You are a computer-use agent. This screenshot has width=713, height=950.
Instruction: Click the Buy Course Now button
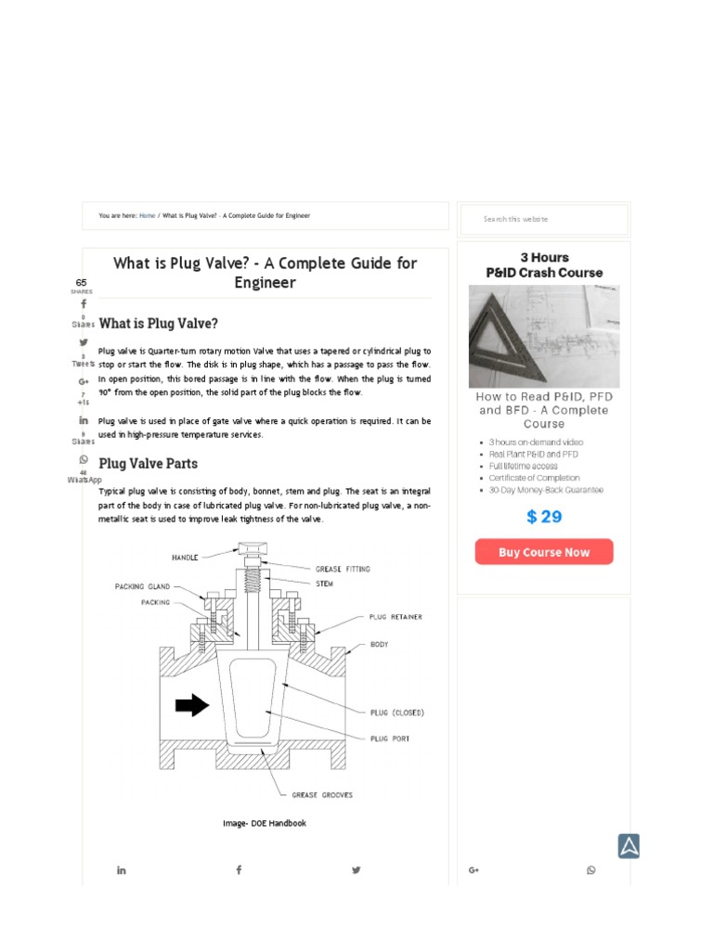pyautogui.click(x=543, y=552)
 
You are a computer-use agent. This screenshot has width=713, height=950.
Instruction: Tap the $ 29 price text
pyautogui.click(x=544, y=517)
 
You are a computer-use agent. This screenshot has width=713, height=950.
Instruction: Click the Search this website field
pyautogui.click(x=544, y=219)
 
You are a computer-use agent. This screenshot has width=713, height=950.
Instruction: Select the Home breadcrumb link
pyautogui.click(x=147, y=215)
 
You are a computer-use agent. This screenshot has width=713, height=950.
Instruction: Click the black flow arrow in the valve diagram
pyautogui.click(x=192, y=706)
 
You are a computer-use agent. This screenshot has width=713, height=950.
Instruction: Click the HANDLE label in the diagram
pyautogui.click(x=185, y=558)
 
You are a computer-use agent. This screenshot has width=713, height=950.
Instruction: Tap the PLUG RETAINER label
pyautogui.click(x=395, y=617)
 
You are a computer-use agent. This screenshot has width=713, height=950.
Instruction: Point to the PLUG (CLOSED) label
pyautogui.click(x=396, y=712)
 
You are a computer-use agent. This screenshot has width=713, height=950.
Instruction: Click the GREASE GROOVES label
pyautogui.click(x=321, y=795)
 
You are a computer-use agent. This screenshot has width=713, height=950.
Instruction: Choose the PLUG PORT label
pyautogui.click(x=390, y=738)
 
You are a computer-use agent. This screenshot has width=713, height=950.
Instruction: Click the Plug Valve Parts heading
pyautogui.click(x=148, y=463)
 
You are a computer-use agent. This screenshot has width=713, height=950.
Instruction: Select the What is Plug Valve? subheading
pyautogui.click(x=158, y=324)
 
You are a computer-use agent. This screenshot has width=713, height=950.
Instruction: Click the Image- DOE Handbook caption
pyautogui.click(x=264, y=823)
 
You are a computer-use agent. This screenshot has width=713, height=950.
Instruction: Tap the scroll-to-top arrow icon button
pyautogui.click(x=629, y=846)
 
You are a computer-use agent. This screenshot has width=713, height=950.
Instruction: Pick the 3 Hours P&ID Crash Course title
pyautogui.click(x=544, y=264)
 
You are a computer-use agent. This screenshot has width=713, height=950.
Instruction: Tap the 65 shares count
pyautogui.click(x=82, y=282)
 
